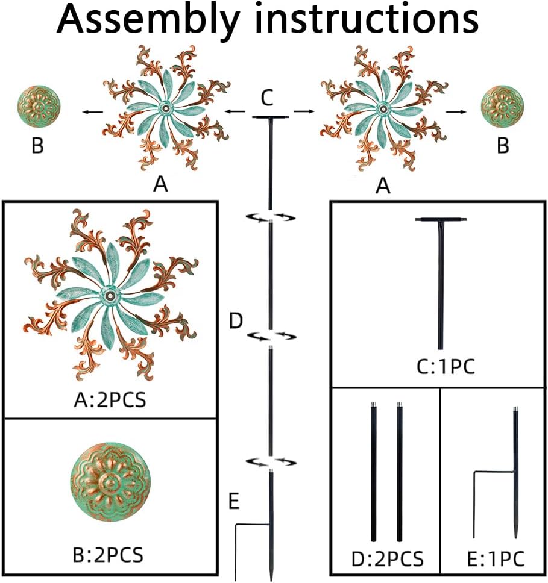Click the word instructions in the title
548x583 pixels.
(x=366, y=19)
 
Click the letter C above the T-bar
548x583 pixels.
(x=269, y=96)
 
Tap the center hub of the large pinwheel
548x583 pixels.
(x=111, y=296)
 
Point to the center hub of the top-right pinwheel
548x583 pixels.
(x=381, y=109)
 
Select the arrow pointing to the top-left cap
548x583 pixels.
(x=92, y=111)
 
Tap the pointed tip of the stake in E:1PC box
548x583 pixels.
(x=517, y=535)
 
